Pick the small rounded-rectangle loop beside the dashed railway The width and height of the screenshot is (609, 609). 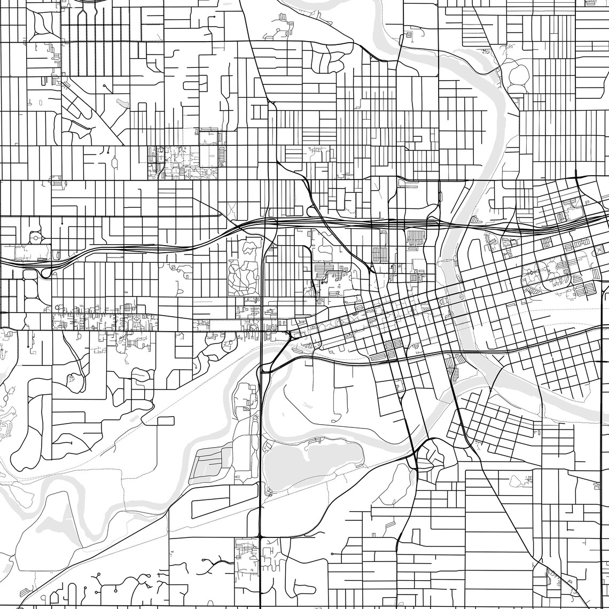pyautogui.click(x=165, y=420)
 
